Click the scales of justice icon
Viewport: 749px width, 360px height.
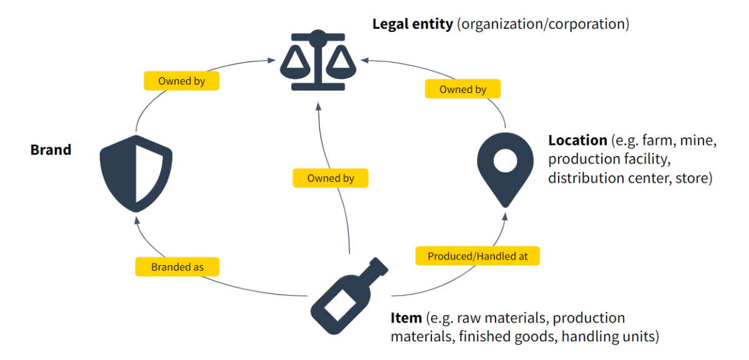click(318, 61)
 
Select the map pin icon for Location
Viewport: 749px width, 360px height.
click(505, 165)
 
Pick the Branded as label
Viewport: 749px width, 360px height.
click(177, 267)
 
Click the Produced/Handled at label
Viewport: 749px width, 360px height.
click(477, 256)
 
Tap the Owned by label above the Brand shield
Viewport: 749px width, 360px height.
click(182, 81)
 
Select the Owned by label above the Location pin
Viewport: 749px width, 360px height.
click(463, 89)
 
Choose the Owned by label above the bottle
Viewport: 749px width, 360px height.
click(330, 178)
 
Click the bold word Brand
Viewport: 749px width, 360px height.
click(51, 150)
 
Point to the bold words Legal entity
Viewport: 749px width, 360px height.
click(413, 25)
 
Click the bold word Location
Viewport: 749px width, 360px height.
click(577, 140)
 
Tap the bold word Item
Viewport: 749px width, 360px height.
click(406, 318)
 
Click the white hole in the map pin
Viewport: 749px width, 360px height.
click(505, 160)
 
